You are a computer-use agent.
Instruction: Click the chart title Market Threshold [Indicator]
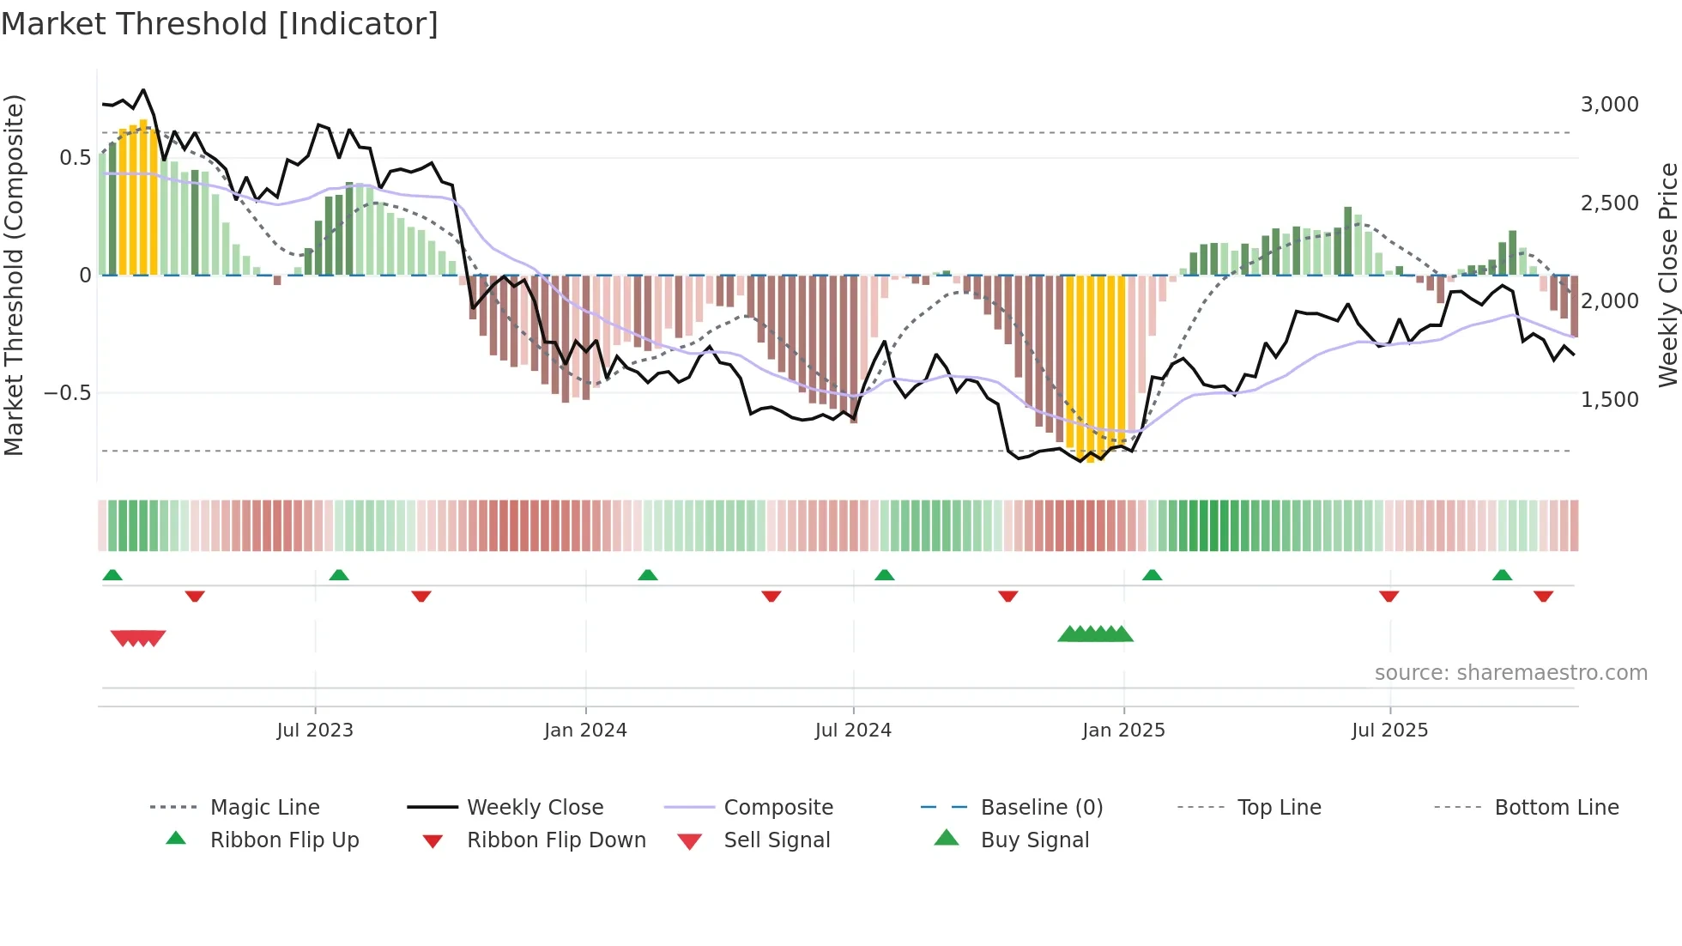[x=220, y=24]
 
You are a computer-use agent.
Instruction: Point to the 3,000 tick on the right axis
[x=1609, y=105]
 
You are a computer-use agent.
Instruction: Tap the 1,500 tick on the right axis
[x=1609, y=400]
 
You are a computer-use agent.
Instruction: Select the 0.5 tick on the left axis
[x=76, y=158]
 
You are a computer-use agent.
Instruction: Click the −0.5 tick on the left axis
[x=68, y=393]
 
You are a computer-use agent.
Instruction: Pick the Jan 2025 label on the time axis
[x=1123, y=731]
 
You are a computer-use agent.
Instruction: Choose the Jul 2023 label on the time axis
[x=315, y=731]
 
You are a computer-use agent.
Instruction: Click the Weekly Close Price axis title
[x=1667, y=275]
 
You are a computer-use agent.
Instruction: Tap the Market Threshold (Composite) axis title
[x=14, y=275]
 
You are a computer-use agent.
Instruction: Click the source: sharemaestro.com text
[x=1510, y=673]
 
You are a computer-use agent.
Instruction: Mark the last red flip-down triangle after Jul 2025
[x=1543, y=596]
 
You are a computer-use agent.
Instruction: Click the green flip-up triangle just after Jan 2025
[x=1152, y=575]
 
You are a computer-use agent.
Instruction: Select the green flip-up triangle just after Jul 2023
[x=339, y=575]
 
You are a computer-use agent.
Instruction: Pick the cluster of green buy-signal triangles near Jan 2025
[x=1096, y=634]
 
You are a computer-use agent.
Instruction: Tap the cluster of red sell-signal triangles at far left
[x=138, y=638]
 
